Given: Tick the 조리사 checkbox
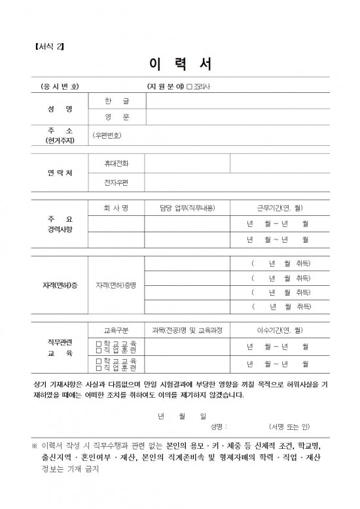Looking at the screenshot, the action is pyautogui.click(x=189, y=86).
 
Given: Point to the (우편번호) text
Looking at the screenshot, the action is pyautogui.click(x=107, y=136).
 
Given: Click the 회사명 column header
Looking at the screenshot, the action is pyautogui.click(x=116, y=208).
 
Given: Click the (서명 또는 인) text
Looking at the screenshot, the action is pyautogui.click(x=289, y=427).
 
